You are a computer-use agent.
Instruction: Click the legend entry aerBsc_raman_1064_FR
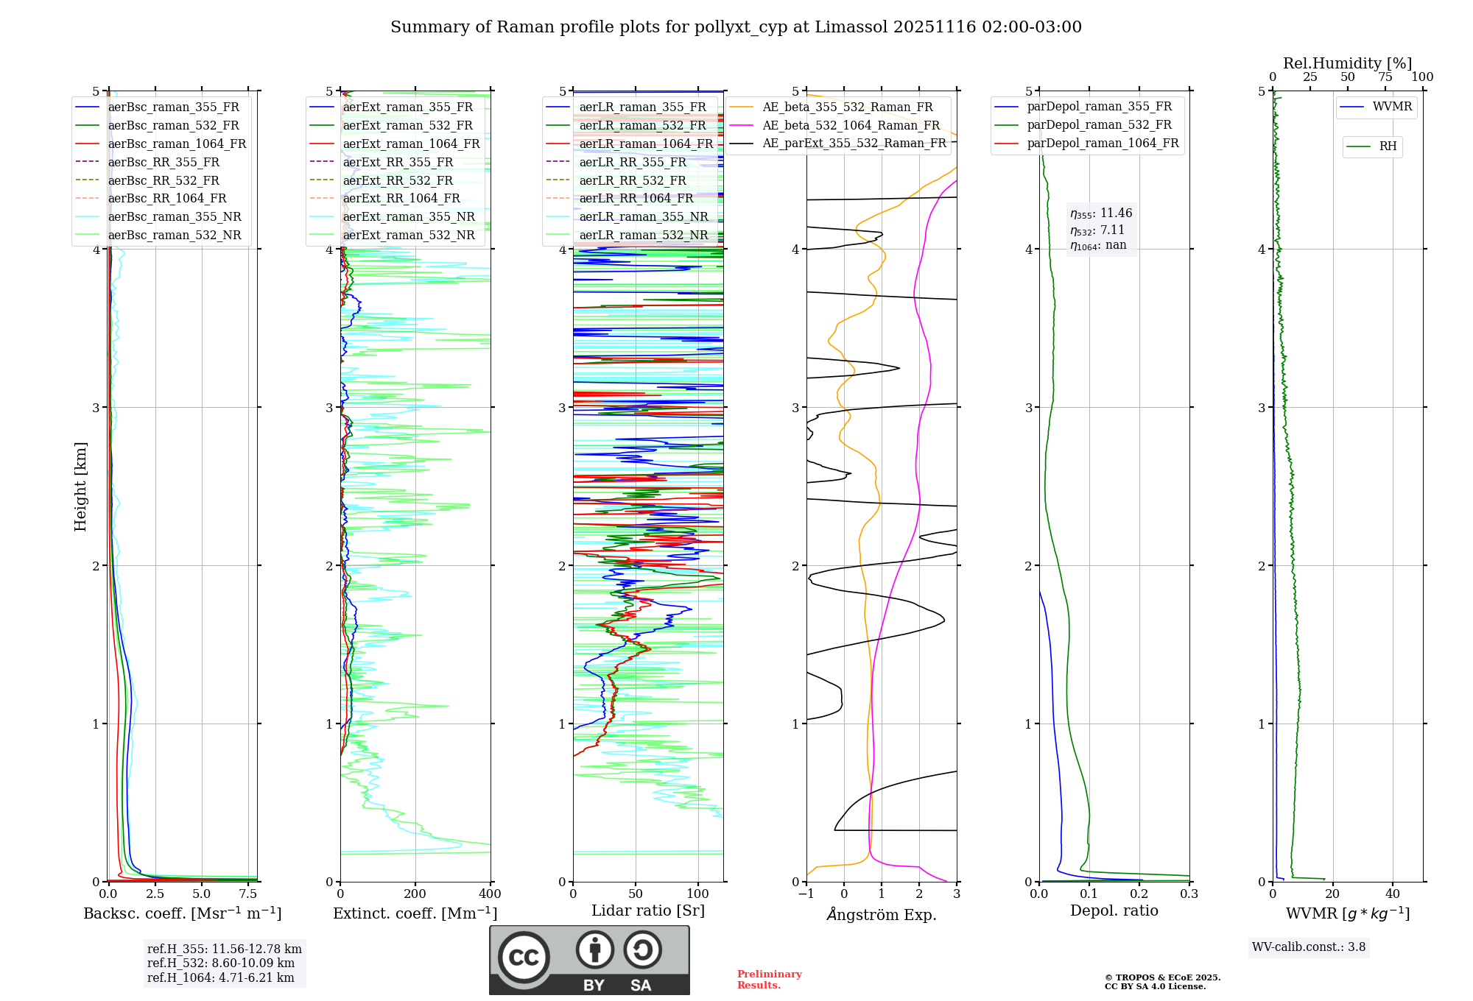(177, 144)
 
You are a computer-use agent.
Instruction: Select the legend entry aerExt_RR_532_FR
(398, 180)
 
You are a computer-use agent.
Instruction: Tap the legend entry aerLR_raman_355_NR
(643, 216)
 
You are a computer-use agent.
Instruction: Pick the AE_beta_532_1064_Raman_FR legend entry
(851, 125)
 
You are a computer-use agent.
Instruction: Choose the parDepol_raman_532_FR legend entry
(1099, 125)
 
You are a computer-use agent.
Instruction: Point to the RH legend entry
(1388, 146)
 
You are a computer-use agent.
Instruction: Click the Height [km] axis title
(80, 486)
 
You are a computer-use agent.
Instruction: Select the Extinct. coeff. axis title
(415, 913)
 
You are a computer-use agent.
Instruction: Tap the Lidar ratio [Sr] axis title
(648, 910)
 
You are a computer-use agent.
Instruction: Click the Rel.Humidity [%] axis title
(1347, 63)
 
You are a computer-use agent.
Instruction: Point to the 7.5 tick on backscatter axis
(248, 894)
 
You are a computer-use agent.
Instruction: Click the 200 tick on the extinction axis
(415, 894)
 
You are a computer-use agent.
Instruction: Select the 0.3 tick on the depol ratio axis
(1189, 894)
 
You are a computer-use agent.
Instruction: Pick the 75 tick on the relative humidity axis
(1385, 77)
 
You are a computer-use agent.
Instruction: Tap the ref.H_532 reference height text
(220, 963)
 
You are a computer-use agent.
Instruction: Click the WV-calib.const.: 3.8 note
(1309, 947)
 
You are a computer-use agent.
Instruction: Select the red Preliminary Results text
(769, 980)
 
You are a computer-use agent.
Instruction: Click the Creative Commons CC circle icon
(524, 957)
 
